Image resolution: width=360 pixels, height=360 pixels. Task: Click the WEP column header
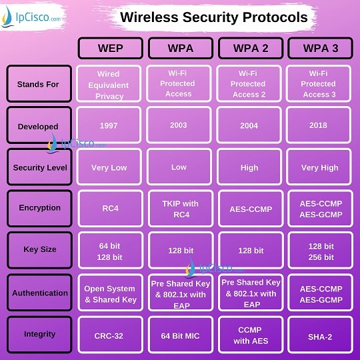click(111, 48)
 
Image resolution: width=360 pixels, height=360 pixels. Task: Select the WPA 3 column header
click(321, 48)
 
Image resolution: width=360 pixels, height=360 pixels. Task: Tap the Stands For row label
click(39, 83)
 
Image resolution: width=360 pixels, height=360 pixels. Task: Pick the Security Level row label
click(39, 167)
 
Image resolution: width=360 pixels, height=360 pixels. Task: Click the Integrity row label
click(39, 335)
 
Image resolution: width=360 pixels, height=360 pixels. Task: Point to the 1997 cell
click(109, 125)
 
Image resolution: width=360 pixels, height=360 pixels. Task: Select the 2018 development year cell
click(319, 125)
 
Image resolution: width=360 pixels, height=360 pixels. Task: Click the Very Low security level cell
click(109, 167)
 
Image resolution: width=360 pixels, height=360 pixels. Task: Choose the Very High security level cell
click(319, 167)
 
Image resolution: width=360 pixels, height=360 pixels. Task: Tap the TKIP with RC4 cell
click(181, 209)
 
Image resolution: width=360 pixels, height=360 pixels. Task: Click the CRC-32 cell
click(111, 335)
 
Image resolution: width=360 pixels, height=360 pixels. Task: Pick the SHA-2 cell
click(321, 335)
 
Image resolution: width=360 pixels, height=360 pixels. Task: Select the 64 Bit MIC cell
click(181, 335)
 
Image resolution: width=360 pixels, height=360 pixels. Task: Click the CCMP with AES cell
click(251, 335)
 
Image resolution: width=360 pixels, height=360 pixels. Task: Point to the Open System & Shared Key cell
click(111, 293)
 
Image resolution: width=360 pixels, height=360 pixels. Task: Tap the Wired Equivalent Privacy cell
click(109, 83)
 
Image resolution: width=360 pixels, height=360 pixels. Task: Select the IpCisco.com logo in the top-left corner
click(31, 17)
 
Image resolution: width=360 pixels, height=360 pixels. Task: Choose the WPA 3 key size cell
click(321, 250)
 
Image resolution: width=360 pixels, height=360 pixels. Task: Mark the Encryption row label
click(39, 209)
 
